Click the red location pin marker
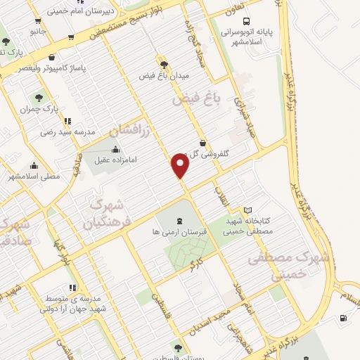click(x=181, y=166)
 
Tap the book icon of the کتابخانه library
click(x=247, y=210)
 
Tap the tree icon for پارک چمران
click(x=38, y=98)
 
